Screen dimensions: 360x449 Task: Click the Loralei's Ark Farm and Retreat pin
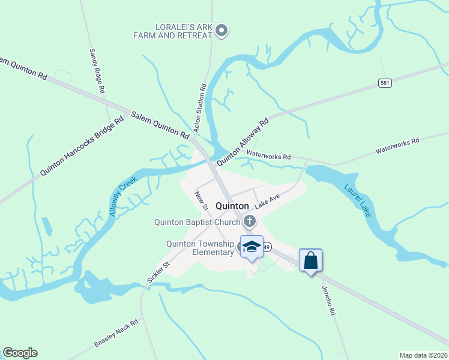[x=221, y=30]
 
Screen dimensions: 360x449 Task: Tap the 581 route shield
[x=385, y=83]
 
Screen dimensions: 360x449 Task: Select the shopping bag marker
[x=310, y=260]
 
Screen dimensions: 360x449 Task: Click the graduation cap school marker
[x=252, y=247]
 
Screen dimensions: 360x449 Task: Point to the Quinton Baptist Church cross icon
[x=250, y=222]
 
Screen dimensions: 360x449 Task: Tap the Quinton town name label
[x=232, y=205]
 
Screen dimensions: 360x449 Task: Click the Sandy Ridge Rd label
[x=97, y=71]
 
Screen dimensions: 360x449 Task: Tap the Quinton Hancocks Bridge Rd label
[x=82, y=146]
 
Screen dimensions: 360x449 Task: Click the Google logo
[x=20, y=353]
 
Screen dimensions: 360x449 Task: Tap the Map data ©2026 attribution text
[x=423, y=355]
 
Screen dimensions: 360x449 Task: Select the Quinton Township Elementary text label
[x=200, y=248]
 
